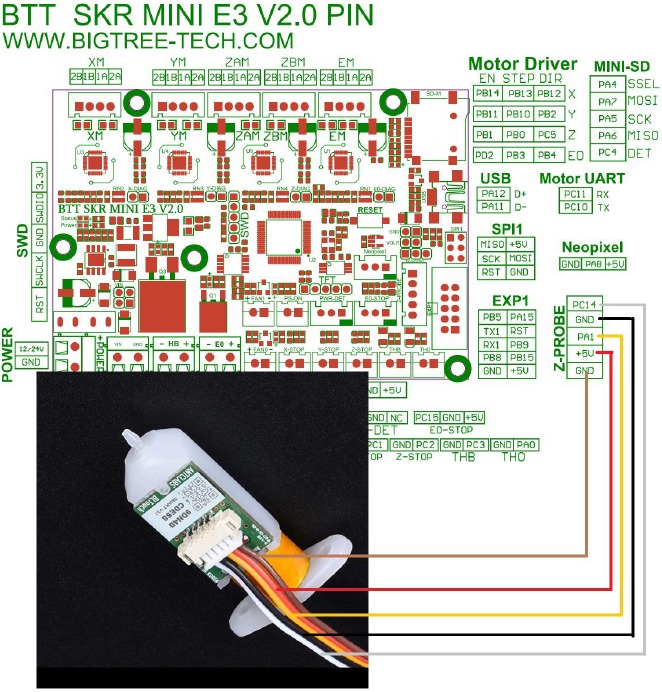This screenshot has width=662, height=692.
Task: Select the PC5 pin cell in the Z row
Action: (x=547, y=134)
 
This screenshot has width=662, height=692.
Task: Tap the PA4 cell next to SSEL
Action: (x=607, y=84)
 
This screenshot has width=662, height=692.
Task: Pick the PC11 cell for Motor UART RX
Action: (x=575, y=194)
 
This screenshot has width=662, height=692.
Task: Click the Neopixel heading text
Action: (x=592, y=246)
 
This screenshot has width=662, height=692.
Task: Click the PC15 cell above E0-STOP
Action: (x=427, y=417)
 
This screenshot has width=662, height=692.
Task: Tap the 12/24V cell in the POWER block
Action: (x=30, y=347)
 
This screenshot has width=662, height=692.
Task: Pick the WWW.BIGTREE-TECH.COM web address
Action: (x=149, y=41)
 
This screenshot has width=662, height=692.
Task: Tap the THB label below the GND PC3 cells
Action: (x=465, y=457)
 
